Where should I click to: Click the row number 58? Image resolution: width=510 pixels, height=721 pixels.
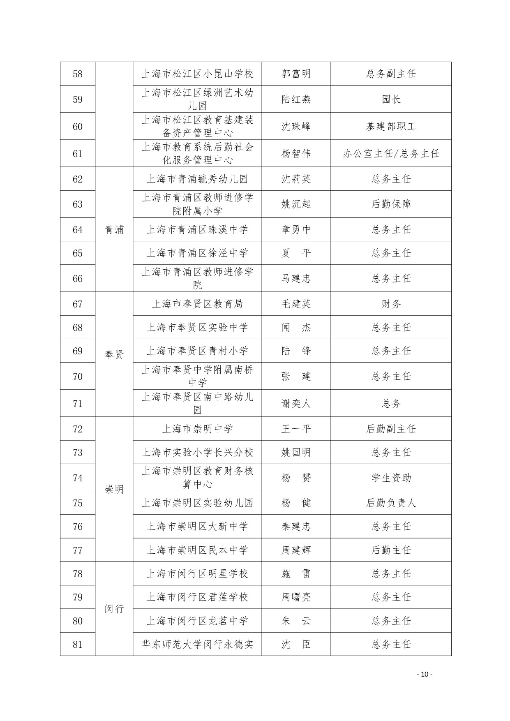tap(77, 74)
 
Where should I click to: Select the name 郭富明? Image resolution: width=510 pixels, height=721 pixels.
tap(296, 74)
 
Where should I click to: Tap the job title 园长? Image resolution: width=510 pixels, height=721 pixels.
tap(391, 99)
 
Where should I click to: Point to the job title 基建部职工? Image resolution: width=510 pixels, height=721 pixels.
tap(391, 127)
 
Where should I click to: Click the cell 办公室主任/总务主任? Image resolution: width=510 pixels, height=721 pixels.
tap(391, 154)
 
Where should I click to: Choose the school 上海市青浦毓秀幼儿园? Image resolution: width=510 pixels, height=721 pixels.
tap(197, 179)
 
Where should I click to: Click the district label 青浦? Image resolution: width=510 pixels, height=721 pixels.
tap(114, 229)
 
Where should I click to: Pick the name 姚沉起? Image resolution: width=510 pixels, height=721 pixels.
tap(296, 204)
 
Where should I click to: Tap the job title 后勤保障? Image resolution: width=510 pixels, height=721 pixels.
tap(391, 204)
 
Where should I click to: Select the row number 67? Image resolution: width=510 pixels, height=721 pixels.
tap(77, 304)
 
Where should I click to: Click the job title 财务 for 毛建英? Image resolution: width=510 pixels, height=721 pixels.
tap(391, 304)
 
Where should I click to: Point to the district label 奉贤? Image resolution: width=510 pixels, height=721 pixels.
tap(114, 354)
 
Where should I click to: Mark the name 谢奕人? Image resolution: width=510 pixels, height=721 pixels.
tap(296, 404)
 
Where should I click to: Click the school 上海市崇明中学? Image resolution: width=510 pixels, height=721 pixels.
tap(197, 429)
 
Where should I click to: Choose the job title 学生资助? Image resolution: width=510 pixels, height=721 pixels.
tap(391, 478)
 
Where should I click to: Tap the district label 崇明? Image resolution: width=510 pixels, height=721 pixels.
tap(114, 489)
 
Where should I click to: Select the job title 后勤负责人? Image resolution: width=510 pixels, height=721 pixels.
tap(391, 503)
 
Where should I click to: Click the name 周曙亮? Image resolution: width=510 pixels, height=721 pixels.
tap(296, 597)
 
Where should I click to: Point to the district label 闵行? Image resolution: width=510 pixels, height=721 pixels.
tap(114, 609)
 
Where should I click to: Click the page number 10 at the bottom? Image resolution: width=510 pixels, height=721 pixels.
tap(425, 674)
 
